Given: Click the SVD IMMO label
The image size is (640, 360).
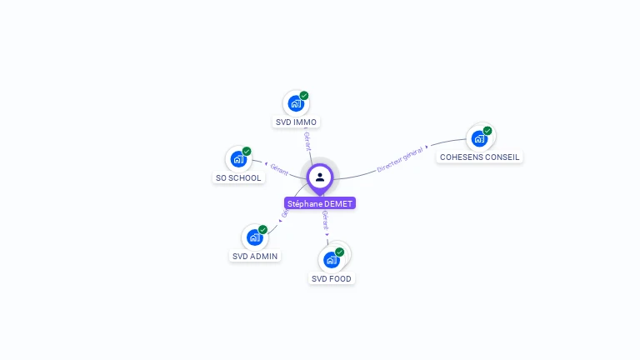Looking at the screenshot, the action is (297, 122).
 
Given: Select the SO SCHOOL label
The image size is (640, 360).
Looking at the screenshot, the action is (238, 177).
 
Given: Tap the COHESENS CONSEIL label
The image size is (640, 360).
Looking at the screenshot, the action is (480, 157).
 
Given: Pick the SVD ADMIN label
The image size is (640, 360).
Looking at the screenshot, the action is (255, 256).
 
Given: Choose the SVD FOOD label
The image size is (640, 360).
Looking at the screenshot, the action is (332, 278).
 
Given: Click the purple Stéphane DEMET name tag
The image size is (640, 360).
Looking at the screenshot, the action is (320, 203).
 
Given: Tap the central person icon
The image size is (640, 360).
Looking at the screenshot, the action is (320, 177).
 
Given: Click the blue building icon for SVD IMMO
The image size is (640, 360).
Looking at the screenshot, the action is (295, 104).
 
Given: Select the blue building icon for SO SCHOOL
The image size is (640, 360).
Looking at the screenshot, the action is (238, 159).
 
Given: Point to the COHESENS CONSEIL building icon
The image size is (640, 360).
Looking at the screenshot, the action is (479, 138).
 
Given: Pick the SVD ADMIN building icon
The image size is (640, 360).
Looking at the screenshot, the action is (254, 237).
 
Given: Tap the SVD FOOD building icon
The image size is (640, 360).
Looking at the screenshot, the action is (331, 259).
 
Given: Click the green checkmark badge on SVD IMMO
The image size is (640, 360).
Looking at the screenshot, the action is (304, 96).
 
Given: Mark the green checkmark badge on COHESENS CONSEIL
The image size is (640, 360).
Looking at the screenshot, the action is (487, 131).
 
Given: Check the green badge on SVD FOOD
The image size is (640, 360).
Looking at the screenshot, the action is (339, 252).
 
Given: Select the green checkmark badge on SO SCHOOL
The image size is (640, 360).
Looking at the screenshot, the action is (247, 152).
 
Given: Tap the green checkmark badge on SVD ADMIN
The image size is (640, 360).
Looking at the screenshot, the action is (262, 230).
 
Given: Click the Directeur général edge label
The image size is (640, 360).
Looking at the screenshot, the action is (401, 158).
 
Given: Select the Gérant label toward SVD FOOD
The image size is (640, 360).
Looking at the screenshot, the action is (325, 220).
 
